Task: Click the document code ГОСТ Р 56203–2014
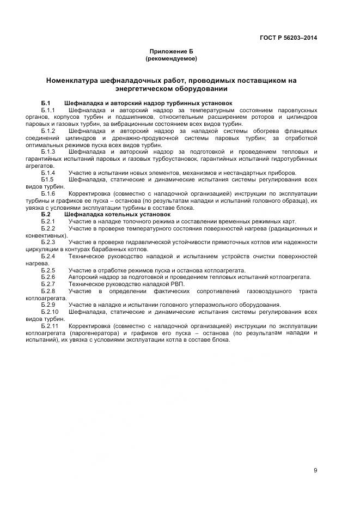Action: click(288, 38)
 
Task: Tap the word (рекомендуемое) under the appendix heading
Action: click(171, 58)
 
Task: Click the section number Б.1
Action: click(46, 103)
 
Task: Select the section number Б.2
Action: click(46, 214)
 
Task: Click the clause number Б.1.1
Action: click(48, 110)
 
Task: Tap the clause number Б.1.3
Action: click(48, 151)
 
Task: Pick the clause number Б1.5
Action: click(47, 179)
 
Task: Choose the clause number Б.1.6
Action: click(48, 193)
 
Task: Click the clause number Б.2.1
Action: click(48, 221)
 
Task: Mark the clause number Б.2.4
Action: click(48, 256)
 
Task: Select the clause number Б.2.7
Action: click(48, 284)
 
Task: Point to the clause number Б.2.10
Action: click(50, 312)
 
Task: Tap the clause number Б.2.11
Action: click(50, 325)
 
